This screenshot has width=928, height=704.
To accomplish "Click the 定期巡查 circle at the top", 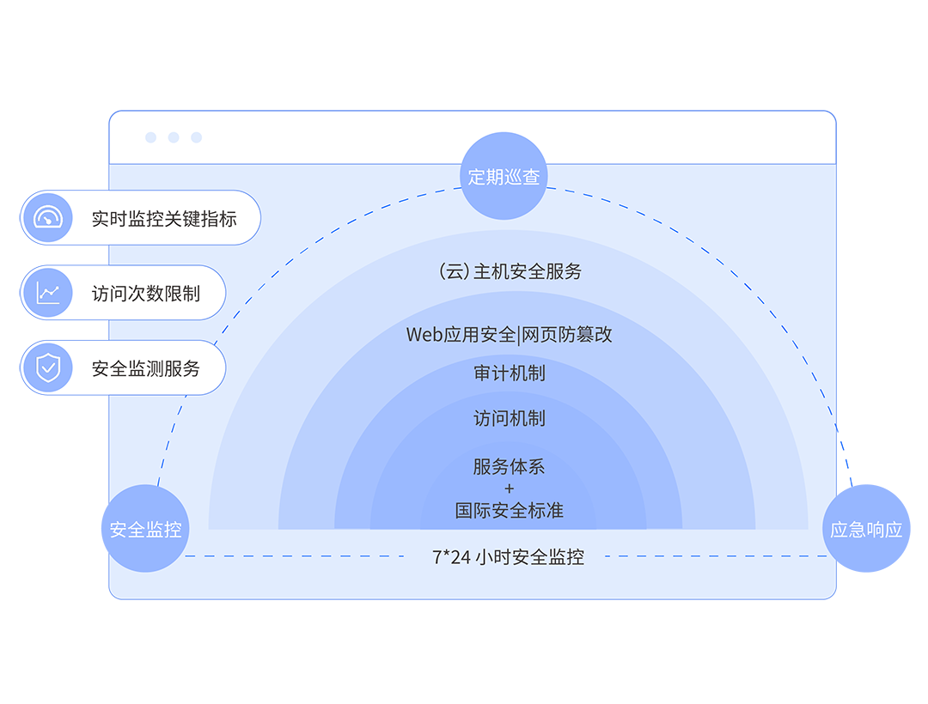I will [x=504, y=177].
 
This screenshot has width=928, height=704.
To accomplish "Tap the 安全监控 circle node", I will [x=146, y=529].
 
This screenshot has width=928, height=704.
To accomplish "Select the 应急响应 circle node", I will [x=865, y=529].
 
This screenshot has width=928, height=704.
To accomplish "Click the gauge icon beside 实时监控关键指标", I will [x=48, y=218].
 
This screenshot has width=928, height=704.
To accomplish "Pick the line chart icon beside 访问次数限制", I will [x=48, y=293].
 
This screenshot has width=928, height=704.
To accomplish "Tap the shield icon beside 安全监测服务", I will [x=48, y=368].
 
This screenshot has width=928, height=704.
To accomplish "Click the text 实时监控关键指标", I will [x=164, y=218].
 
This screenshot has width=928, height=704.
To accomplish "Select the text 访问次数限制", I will [x=146, y=293].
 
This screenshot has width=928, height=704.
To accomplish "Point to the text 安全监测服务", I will [x=146, y=368].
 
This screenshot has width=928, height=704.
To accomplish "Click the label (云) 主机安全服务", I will [x=510, y=271].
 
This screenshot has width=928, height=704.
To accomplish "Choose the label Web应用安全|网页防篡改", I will [x=510, y=334].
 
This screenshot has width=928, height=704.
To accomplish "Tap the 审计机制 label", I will [x=510, y=373].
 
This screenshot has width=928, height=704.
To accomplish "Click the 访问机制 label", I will [x=510, y=418].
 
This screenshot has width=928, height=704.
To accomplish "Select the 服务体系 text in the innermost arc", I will [x=510, y=467].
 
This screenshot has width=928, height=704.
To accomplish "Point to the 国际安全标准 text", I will [x=510, y=511].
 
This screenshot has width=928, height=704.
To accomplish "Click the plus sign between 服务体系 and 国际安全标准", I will [x=510, y=489].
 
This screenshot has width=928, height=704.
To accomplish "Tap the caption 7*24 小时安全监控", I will [x=508, y=556].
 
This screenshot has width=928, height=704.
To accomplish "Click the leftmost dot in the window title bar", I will [x=151, y=137].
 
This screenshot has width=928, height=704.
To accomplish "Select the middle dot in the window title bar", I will [x=174, y=137].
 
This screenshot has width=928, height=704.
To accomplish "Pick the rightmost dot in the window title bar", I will [x=196, y=137].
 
